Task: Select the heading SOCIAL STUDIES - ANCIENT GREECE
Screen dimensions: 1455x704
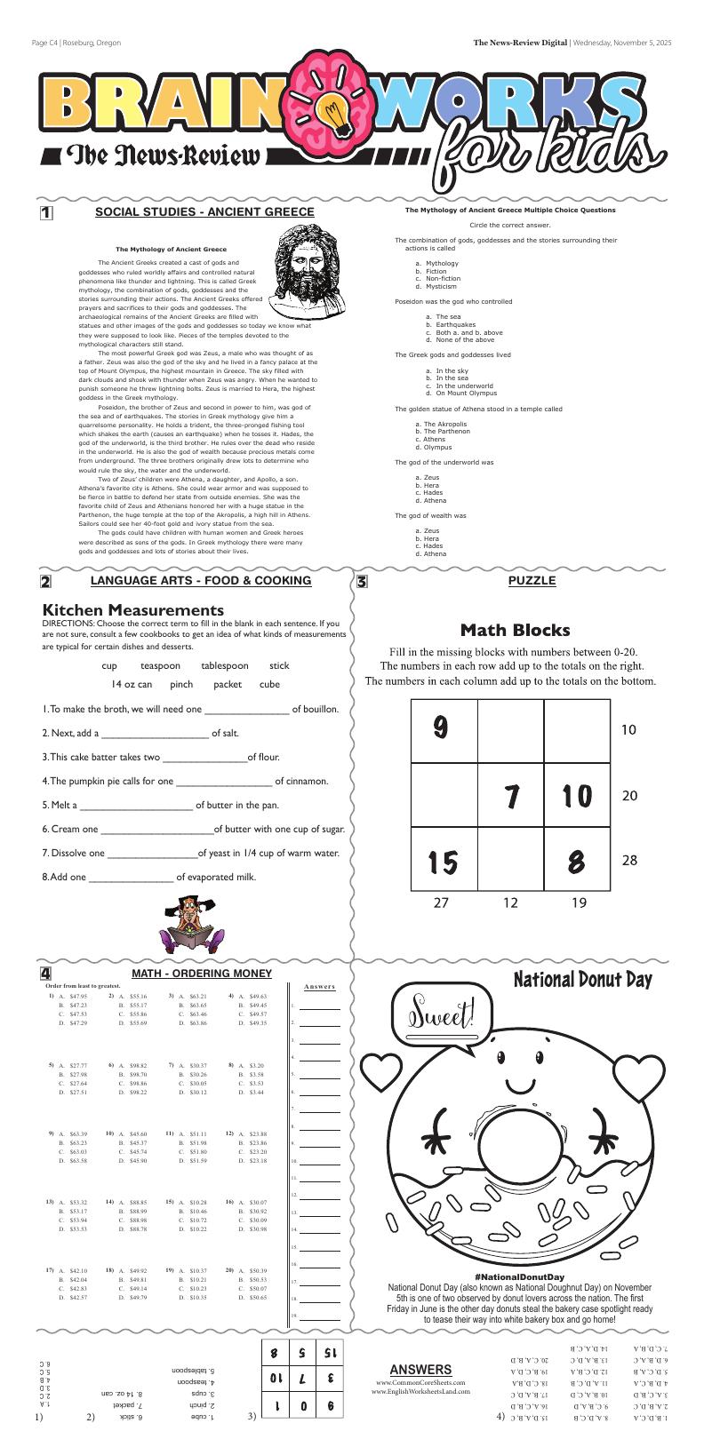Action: point(204,212)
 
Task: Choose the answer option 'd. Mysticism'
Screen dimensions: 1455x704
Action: point(436,287)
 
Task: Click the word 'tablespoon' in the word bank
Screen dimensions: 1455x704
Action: point(225,665)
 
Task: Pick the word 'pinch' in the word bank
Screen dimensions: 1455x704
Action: point(181,684)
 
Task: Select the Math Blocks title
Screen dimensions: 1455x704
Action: point(515,631)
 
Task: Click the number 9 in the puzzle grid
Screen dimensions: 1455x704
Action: point(439,728)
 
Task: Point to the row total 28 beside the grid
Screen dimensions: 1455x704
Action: point(629,861)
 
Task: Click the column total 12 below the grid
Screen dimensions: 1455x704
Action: point(510,903)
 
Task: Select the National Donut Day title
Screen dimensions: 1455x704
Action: point(582,981)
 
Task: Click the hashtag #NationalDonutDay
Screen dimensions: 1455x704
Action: point(520,1277)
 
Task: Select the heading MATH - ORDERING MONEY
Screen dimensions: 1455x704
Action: point(202,974)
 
